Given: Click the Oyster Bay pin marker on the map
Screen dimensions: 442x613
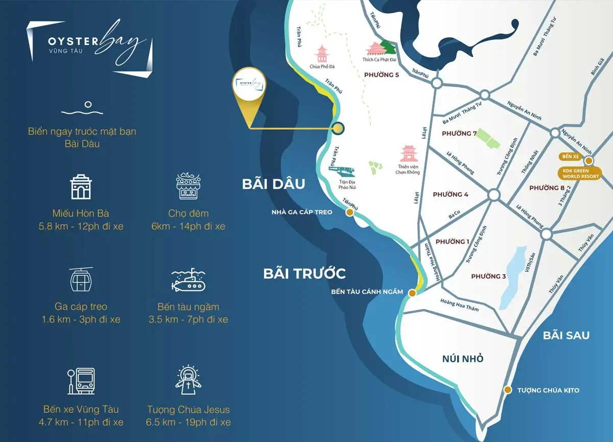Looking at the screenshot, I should [x=249, y=90].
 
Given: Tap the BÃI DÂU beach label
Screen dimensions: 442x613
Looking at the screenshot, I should [x=273, y=184].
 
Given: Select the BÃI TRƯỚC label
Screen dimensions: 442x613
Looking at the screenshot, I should [x=304, y=274].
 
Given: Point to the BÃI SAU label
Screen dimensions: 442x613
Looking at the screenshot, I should [x=566, y=335].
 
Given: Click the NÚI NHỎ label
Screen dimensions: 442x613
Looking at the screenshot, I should [x=463, y=359].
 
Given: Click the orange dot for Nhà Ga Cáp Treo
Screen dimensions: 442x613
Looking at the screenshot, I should [x=349, y=212].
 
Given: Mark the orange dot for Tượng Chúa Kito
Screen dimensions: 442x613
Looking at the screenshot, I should [x=507, y=390].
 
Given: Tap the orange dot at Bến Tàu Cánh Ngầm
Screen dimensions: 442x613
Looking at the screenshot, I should [x=412, y=292].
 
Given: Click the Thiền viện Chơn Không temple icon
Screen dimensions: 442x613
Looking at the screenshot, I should [x=409, y=154].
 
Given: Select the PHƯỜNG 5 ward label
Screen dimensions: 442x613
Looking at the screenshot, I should [x=381, y=75].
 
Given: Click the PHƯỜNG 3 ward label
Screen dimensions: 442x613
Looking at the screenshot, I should [x=488, y=276].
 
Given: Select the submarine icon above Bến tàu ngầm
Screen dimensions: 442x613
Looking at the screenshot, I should [x=188, y=281].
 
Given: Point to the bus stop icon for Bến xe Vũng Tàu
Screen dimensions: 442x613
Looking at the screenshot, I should [x=81, y=381].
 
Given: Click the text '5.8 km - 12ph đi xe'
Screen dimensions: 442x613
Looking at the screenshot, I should [x=81, y=226].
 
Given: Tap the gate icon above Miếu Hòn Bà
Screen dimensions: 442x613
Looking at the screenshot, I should [x=81, y=187].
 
